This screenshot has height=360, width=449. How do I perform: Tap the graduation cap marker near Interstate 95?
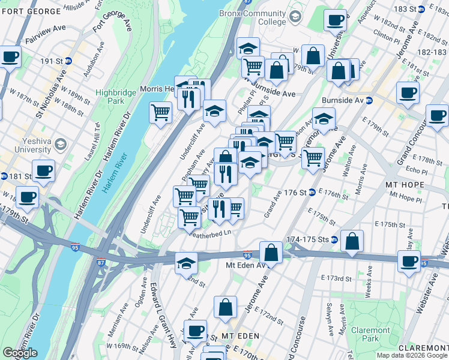(x=186, y=263)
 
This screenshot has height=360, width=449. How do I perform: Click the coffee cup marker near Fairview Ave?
(x=10, y=58)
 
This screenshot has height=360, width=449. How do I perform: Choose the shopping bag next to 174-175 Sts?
(x=352, y=241)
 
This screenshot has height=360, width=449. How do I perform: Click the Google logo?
(x=20, y=353)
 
